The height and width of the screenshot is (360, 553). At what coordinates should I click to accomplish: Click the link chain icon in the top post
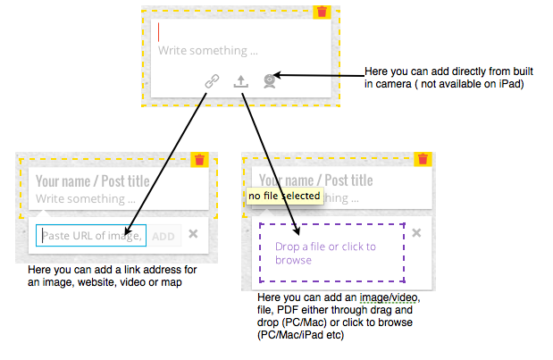click(x=212, y=80)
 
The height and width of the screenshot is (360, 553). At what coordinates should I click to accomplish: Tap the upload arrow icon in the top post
click(x=240, y=80)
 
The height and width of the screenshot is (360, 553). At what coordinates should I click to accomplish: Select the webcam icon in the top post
click(x=269, y=80)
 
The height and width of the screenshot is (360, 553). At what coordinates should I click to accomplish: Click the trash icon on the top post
click(x=323, y=13)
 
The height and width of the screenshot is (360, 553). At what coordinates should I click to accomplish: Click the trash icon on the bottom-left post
click(x=200, y=160)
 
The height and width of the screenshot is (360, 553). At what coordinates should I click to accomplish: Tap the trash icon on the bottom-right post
click(x=423, y=160)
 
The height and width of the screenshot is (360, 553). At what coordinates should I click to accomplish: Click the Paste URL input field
click(x=90, y=236)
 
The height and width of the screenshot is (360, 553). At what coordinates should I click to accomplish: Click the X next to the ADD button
click(x=193, y=234)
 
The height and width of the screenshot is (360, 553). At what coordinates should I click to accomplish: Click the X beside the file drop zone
click(x=415, y=233)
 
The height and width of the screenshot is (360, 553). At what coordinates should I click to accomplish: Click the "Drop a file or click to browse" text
click(x=325, y=253)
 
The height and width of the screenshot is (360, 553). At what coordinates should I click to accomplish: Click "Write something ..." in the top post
click(x=207, y=51)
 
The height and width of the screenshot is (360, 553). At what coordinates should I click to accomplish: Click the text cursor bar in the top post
click(x=159, y=32)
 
